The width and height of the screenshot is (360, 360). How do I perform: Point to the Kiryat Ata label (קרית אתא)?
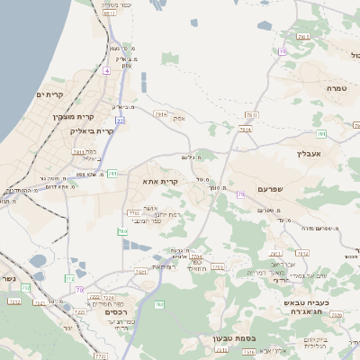coord(161,181)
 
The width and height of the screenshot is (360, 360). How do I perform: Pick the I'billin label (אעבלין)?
coord(309,153)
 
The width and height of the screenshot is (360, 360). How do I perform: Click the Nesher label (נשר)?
coord(7,279)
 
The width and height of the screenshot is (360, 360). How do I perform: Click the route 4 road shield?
coord(106,70)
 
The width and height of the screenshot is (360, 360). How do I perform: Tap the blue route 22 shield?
coord(120,120)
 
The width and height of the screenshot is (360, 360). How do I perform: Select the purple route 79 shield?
coord(241,194)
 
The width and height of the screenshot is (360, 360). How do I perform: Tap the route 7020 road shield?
coord(108,297)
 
